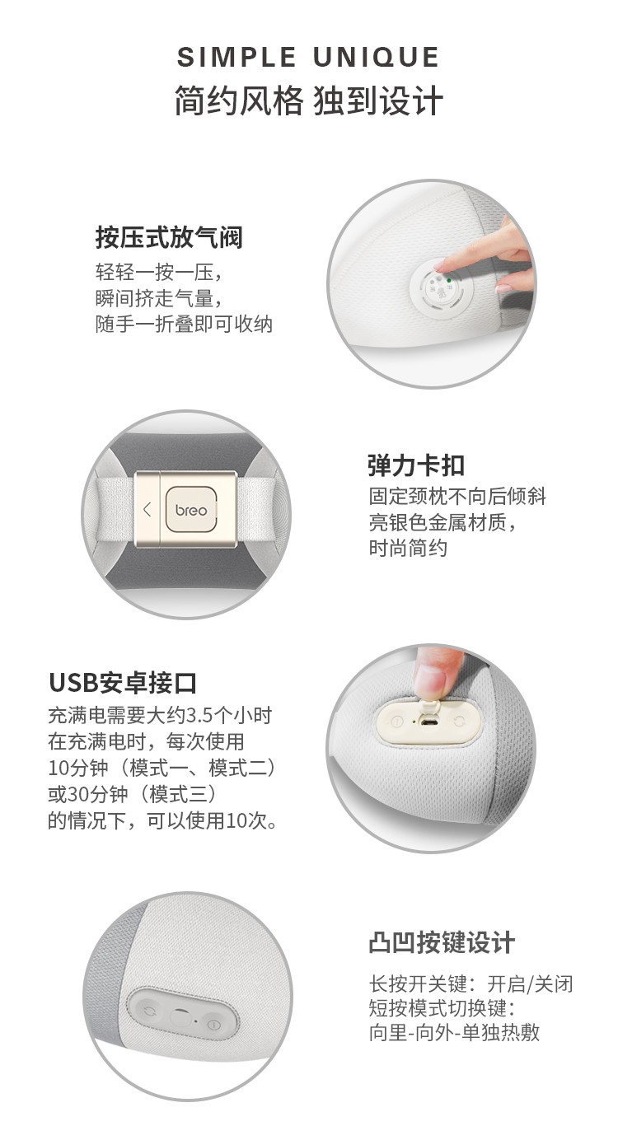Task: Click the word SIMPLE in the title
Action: point(236,57)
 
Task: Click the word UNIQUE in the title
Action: point(377,57)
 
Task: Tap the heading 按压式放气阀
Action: point(169,237)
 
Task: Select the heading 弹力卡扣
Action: point(416,465)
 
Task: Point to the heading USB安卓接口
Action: point(123,683)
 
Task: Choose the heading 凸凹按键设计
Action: point(442,942)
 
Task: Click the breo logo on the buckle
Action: point(191,510)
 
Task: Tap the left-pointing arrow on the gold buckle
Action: point(147,509)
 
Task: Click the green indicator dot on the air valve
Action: point(448,280)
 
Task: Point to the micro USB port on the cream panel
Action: point(428,722)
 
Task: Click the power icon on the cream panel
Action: point(397,722)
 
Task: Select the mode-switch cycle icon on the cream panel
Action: point(460,722)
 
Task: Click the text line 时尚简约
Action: point(408,548)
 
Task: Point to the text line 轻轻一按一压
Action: point(159,273)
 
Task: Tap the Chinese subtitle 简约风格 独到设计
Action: point(308,100)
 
